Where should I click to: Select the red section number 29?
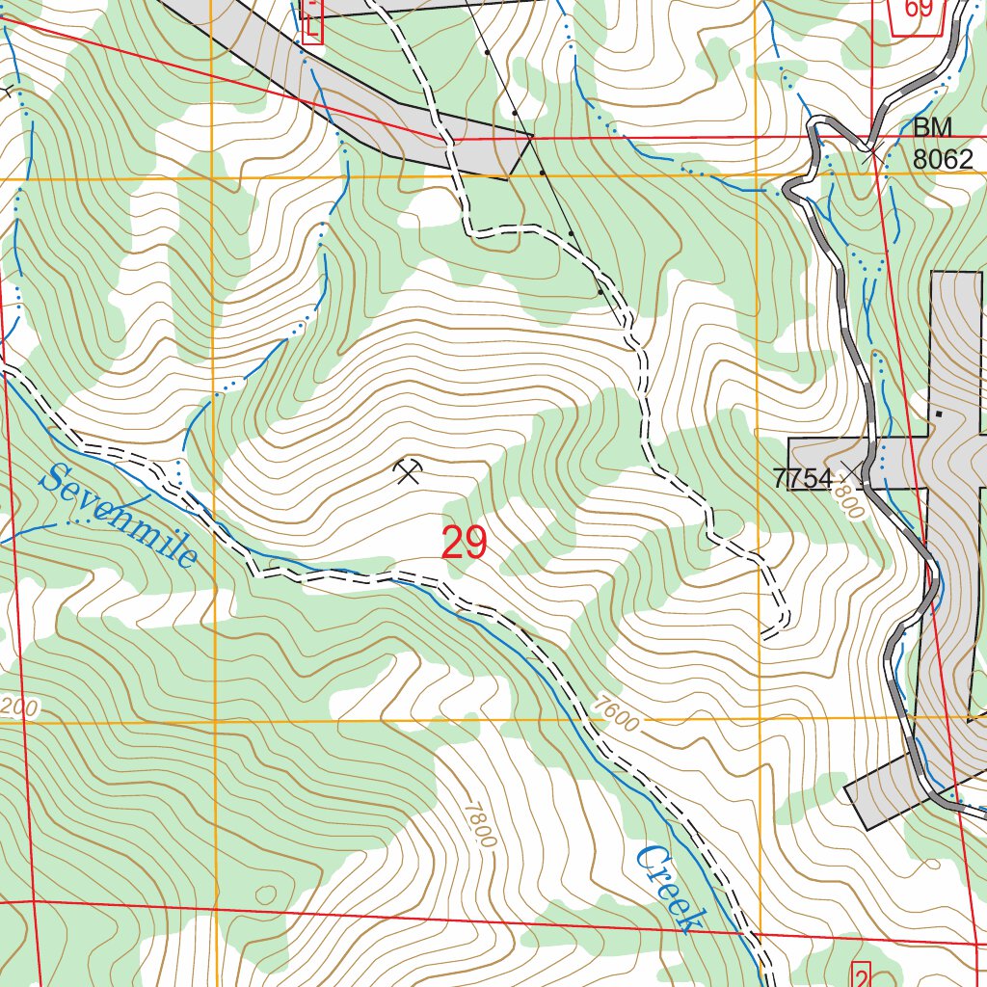(x=464, y=544)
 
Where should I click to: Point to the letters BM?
(x=932, y=128)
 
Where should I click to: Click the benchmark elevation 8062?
(x=943, y=159)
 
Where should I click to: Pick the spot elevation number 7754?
(x=802, y=479)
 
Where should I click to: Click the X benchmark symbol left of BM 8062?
(x=872, y=150)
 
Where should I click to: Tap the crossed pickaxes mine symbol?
(x=409, y=470)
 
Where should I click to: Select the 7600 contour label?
(x=616, y=714)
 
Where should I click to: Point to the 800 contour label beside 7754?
(x=848, y=504)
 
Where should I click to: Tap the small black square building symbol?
(x=938, y=413)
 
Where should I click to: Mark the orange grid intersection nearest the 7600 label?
(x=759, y=719)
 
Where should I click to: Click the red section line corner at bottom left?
(x=34, y=901)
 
